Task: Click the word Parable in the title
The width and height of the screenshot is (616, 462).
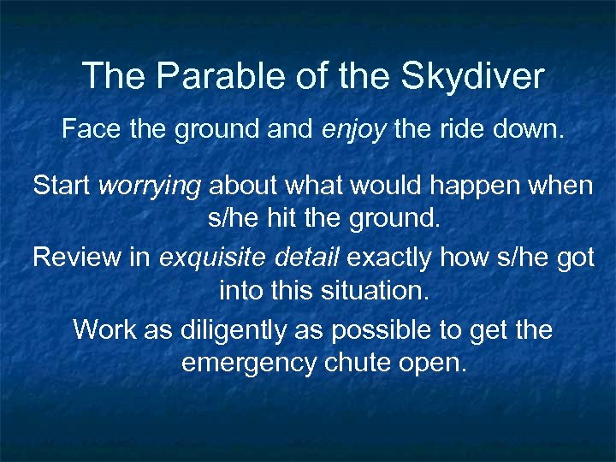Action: [197, 76]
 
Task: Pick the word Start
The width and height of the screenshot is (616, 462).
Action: [62, 186]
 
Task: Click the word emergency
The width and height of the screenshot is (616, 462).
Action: [250, 364]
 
